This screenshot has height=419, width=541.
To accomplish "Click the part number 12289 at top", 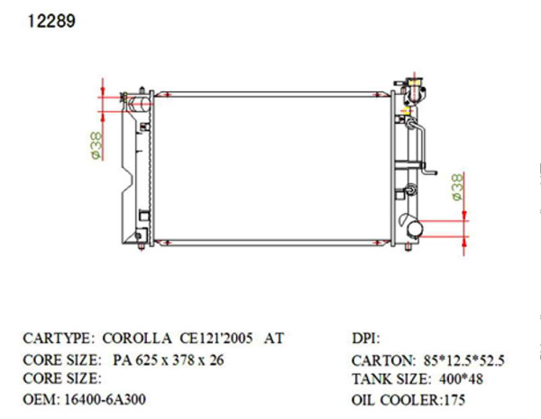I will [x=44, y=21].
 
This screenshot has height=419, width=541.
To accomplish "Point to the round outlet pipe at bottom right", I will [x=413, y=228].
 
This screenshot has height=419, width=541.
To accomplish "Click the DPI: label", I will [x=366, y=339].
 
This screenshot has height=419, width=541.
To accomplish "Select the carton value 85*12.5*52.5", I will [x=464, y=359].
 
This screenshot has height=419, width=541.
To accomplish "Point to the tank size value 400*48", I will [x=463, y=379].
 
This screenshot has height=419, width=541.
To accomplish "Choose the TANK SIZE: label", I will [x=388, y=379].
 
